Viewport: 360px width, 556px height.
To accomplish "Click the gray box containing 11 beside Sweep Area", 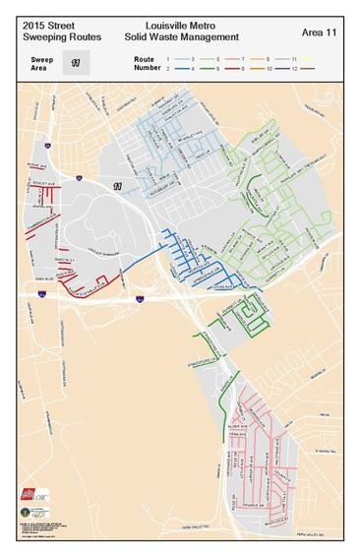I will [x=75, y=62].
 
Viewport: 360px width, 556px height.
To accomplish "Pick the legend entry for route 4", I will [x=191, y=69].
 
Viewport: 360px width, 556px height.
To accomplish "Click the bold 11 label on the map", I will [x=117, y=186].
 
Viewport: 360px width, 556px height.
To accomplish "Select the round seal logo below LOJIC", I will [x=26, y=513].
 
